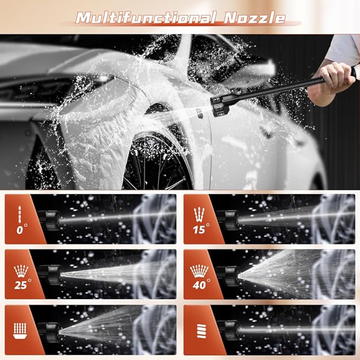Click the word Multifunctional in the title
[x=146, y=17]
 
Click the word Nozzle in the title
[x=254, y=17]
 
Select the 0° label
[x=22, y=230]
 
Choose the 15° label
[x=201, y=229]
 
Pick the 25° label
[x=22, y=285]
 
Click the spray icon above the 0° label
[x=20, y=214]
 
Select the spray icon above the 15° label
[x=199, y=214]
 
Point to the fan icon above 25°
[x=21, y=271]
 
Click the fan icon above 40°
[x=199, y=271]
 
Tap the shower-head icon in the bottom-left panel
[x=20, y=331]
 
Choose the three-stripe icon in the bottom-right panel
[x=201, y=331]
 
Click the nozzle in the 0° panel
[x=49, y=221]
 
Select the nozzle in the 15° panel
[x=229, y=220]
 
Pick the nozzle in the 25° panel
[x=50, y=275]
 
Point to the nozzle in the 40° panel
[x=229, y=276]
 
